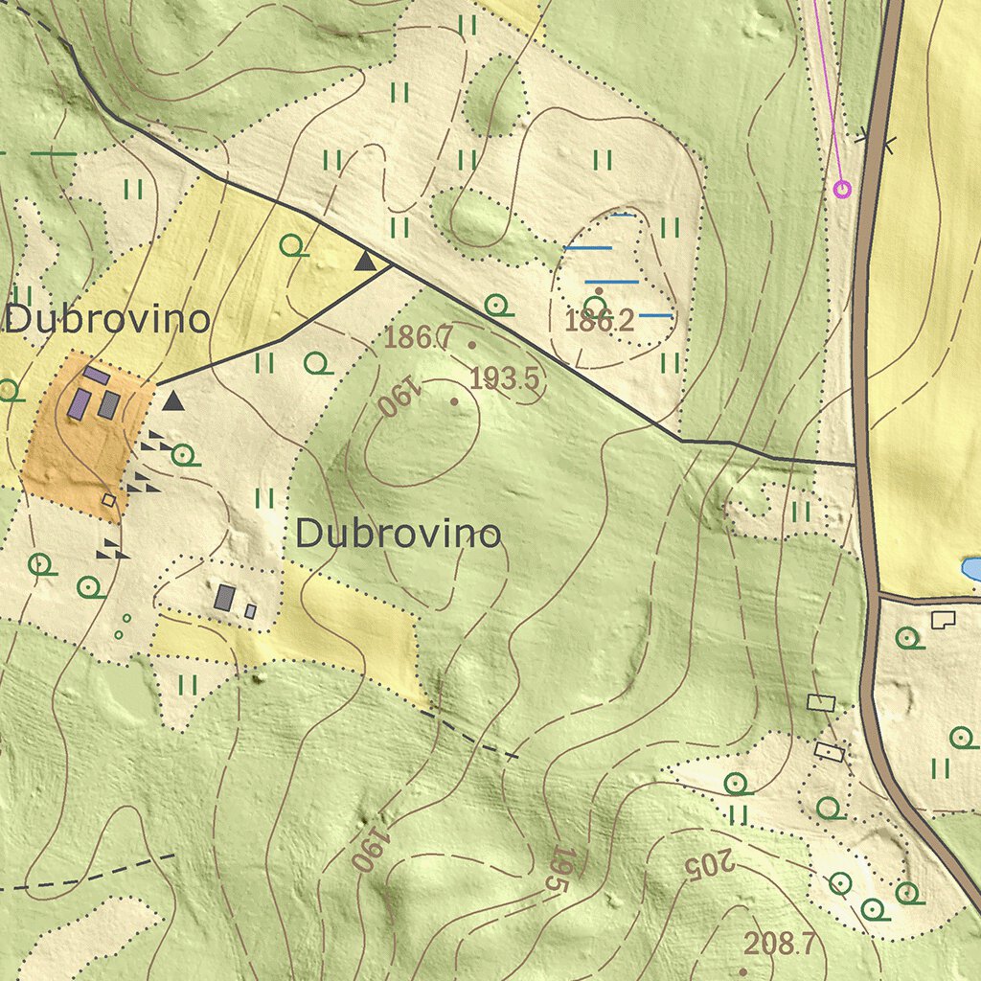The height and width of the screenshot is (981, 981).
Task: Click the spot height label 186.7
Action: click(418, 337)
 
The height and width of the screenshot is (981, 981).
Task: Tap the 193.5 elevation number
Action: click(506, 379)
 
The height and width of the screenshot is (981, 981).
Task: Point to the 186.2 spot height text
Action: click(599, 322)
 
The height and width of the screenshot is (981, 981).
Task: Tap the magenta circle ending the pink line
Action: click(842, 189)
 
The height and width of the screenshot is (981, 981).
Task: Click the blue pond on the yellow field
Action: click(971, 569)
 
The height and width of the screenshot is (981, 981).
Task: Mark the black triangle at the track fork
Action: click(365, 261)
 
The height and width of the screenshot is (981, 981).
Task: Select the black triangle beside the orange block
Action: click(172, 400)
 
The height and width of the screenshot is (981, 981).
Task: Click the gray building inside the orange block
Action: click(109, 404)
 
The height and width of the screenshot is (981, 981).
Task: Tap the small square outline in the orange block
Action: click(108, 499)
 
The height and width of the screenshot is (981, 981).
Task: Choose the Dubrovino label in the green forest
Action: click(398, 534)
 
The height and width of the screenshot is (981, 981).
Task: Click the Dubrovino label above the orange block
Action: click(107, 320)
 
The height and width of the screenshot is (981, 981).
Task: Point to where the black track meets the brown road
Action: click(856, 464)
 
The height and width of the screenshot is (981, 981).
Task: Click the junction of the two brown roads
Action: click(878, 597)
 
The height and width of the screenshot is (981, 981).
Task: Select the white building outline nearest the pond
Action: click(943, 620)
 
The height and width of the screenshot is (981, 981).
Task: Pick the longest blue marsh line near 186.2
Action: click(611, 282)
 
